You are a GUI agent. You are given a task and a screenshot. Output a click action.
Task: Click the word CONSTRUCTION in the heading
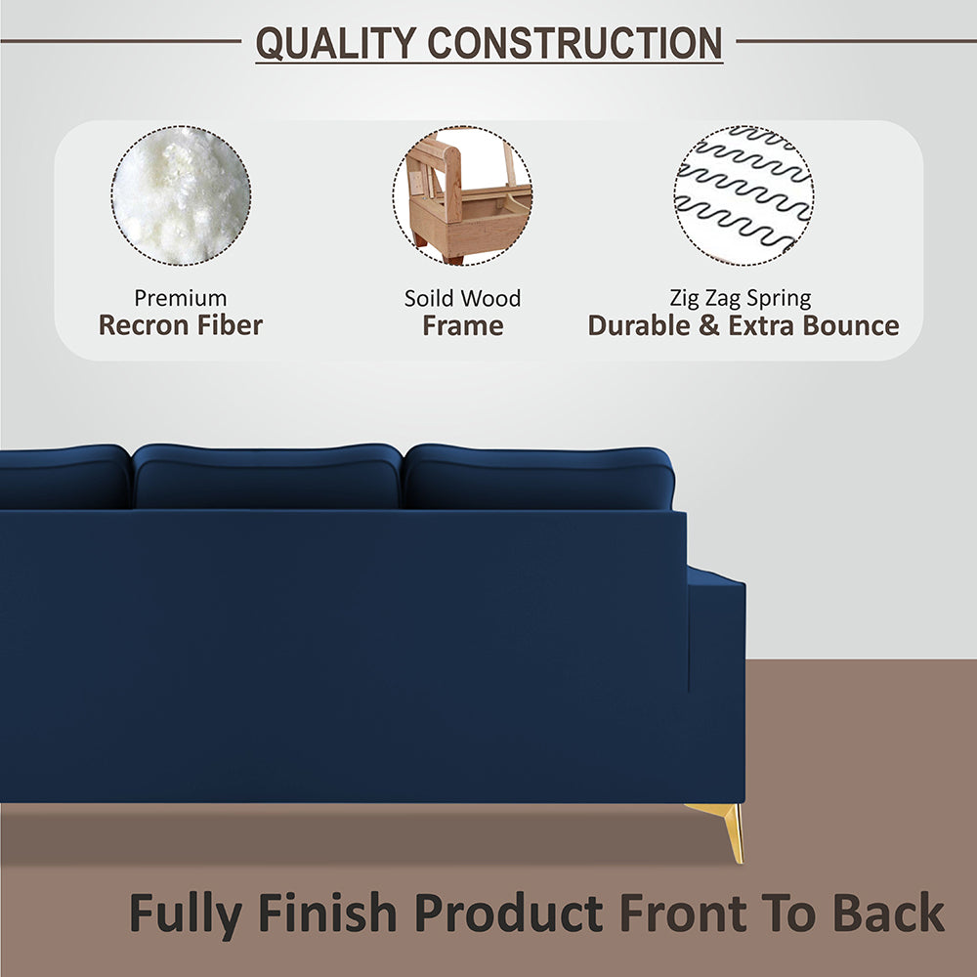575,43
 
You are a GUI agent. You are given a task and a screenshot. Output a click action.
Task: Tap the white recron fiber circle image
181,195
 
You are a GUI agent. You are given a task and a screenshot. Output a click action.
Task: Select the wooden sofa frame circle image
463,195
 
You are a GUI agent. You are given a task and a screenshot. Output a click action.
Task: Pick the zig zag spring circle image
743,195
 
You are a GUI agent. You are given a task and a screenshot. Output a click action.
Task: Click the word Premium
181,298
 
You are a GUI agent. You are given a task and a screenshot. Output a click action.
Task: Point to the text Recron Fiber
181,325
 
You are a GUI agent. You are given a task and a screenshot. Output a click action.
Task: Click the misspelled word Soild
431,298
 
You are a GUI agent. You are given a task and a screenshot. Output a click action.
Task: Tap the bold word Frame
463,325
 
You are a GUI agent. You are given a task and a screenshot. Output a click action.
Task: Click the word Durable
640,325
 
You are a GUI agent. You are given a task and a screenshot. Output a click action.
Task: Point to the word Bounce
849,325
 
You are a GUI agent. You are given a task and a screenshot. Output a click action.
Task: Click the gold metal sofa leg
727,827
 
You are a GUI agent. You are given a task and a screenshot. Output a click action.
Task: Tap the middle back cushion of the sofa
267,478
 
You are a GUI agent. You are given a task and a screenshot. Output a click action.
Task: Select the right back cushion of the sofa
538,478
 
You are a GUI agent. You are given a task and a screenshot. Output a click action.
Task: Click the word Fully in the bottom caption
186,913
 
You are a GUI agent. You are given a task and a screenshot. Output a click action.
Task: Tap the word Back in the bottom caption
888,913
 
